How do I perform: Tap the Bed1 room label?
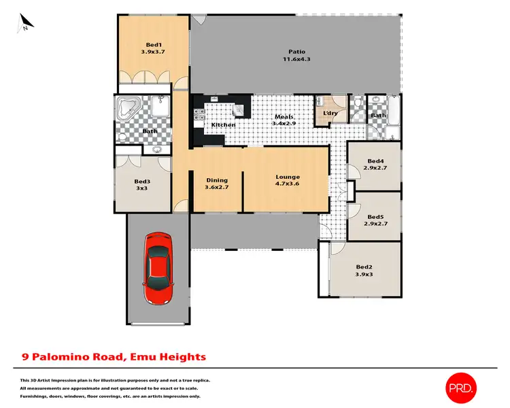pos(154,44)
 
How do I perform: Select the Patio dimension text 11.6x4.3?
pos(296,59)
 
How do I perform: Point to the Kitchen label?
pos(223,125)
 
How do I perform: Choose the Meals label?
pos(284,117)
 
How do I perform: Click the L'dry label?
pos(330,113)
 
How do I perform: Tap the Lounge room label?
pos(288,177)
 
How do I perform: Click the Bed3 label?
pos(141,182)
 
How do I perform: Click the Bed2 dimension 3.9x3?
pos(364,274)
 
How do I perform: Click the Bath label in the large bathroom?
pos(150,131)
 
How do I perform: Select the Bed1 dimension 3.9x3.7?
pos(154,52)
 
